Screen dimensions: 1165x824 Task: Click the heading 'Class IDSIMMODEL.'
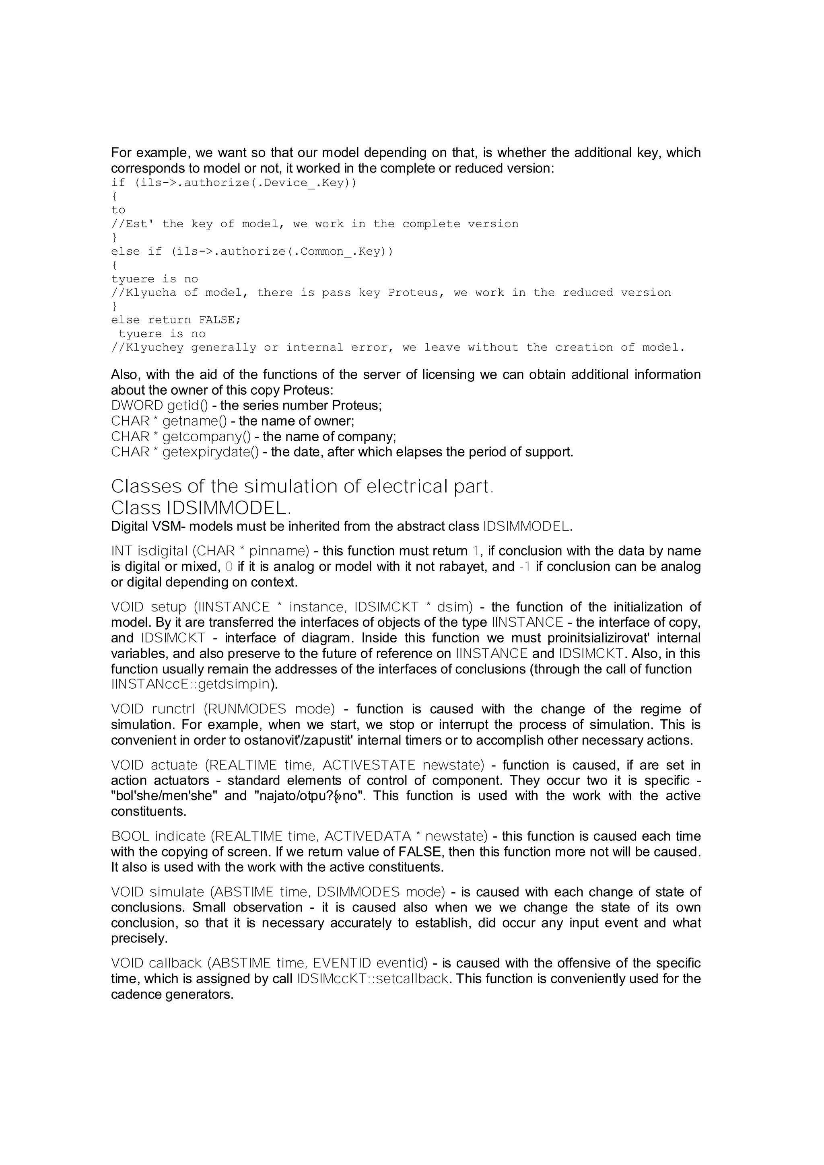pos(201,508)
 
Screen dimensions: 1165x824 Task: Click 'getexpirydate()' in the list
pos(210,452)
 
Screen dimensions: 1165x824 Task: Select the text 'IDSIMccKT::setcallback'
pos(373,978)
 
